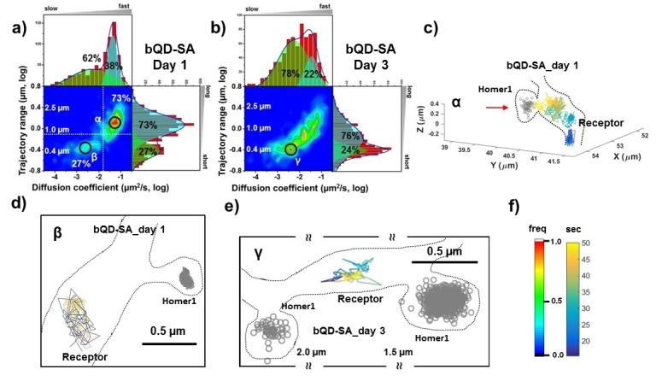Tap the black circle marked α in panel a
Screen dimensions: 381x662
pos(114,123)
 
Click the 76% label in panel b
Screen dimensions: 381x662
pos(347,134)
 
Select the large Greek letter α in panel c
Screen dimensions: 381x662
pos(457,103)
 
